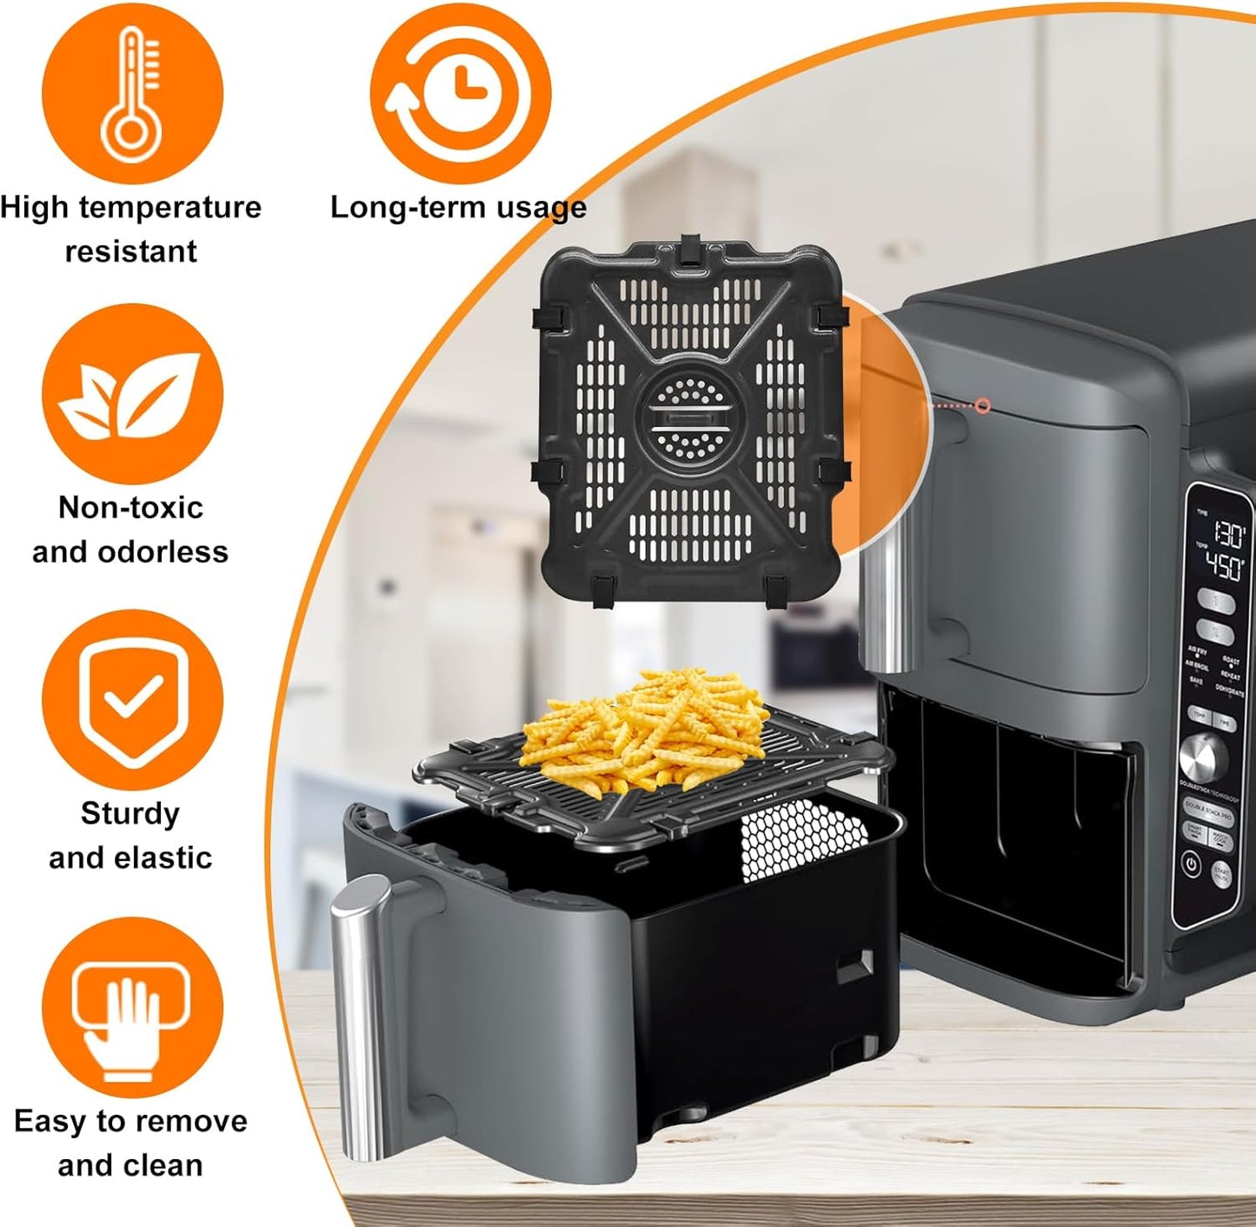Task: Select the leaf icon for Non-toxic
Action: click(x=132, y=396)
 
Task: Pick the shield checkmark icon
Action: click(x=132, y=701)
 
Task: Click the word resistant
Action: click(x=130, y=251)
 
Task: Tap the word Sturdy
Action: click(x=130, y=814)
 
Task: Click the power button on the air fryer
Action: click(x=1191, y=864)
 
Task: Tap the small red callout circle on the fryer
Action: click(x=983, y=406)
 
